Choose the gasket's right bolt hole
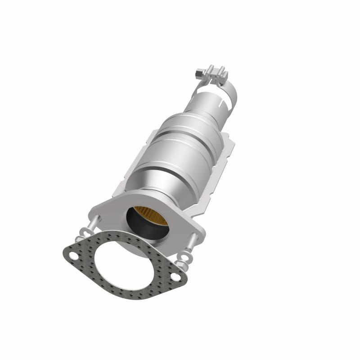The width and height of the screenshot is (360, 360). (x=173, y=278)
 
